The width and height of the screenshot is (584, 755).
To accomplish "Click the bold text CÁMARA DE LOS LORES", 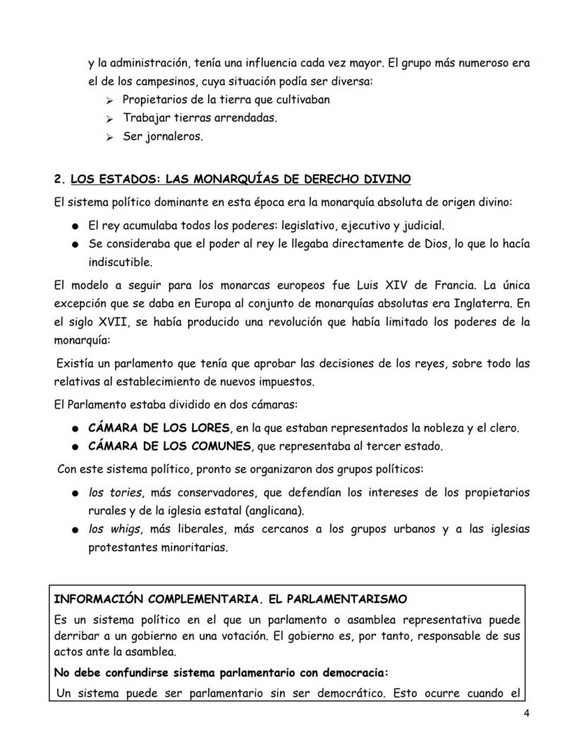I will coord(159,428).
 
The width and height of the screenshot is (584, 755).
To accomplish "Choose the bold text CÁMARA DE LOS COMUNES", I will coord(169,446).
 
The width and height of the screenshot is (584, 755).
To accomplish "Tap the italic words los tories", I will coord(115,492).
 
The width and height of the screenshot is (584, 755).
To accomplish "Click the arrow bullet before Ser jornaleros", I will coord(109,137).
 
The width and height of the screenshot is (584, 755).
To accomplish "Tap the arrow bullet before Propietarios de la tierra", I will coord(109,101).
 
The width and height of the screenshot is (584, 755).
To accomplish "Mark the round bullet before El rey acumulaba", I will coord(75,226).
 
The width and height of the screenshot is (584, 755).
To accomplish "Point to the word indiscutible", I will coord(119,262).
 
